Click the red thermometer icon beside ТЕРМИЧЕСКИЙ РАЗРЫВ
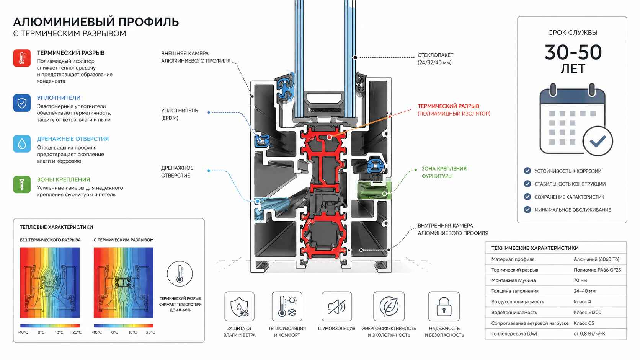(x=22, y=58)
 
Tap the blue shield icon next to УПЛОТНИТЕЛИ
(x=22, y=103)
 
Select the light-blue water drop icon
(x=22, y=144)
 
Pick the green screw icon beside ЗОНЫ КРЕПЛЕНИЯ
(x=22, y=184)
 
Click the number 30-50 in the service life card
(x=573, y=52)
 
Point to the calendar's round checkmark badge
(x=598, y=141)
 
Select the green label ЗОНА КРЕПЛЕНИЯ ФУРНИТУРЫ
(x=444, y=172)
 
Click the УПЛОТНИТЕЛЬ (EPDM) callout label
(x=180, y=114)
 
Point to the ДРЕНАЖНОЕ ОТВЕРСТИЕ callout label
(x=177, y=172)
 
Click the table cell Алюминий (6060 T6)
(x=596, y=259)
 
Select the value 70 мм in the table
(x=580, y=280)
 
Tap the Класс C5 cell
(x=584, y=323)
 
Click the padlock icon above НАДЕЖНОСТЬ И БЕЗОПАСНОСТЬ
(x=444, y=306)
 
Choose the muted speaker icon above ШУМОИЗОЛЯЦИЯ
(x=336, y=306)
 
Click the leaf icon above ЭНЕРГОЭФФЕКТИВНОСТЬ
(x=389, y=306)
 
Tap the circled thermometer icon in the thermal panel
(x=180, y=274)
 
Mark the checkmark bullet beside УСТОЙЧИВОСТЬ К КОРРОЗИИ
(x=527, y=171)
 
